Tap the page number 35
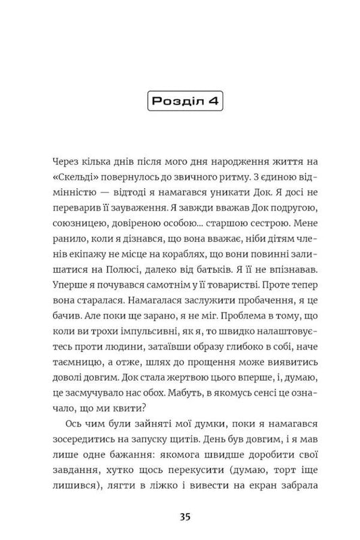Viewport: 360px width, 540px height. tap(180, 518)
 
